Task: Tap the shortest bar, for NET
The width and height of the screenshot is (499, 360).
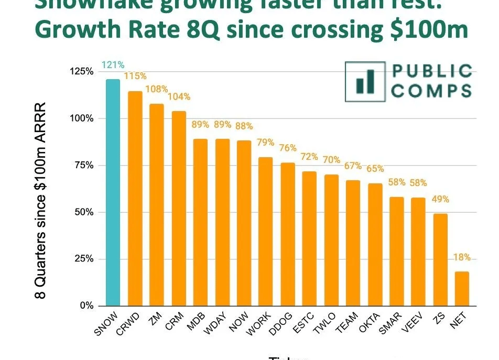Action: pyautogui.click(x=462, y=288)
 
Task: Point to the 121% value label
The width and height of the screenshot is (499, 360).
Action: pyautogui.click(x=113, y=66)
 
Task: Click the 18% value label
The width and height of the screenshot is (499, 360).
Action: pyautogui.click(x=462, y=258)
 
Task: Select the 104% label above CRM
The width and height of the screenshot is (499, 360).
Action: pyautogui.click(x=179, y=97)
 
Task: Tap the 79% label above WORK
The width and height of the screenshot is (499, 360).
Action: pyautogui.click(x=266, y=143)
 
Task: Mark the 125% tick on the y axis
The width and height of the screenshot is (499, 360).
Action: pyautogui.click(x=81, y=71)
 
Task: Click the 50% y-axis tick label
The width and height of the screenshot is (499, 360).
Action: pyautogui.click(x=83, y=212)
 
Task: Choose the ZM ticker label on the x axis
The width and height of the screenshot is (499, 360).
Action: pyautogui.click(x=154, y=319)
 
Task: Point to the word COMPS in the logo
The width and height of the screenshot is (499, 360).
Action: pyautogui.click(x=431, y=90)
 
